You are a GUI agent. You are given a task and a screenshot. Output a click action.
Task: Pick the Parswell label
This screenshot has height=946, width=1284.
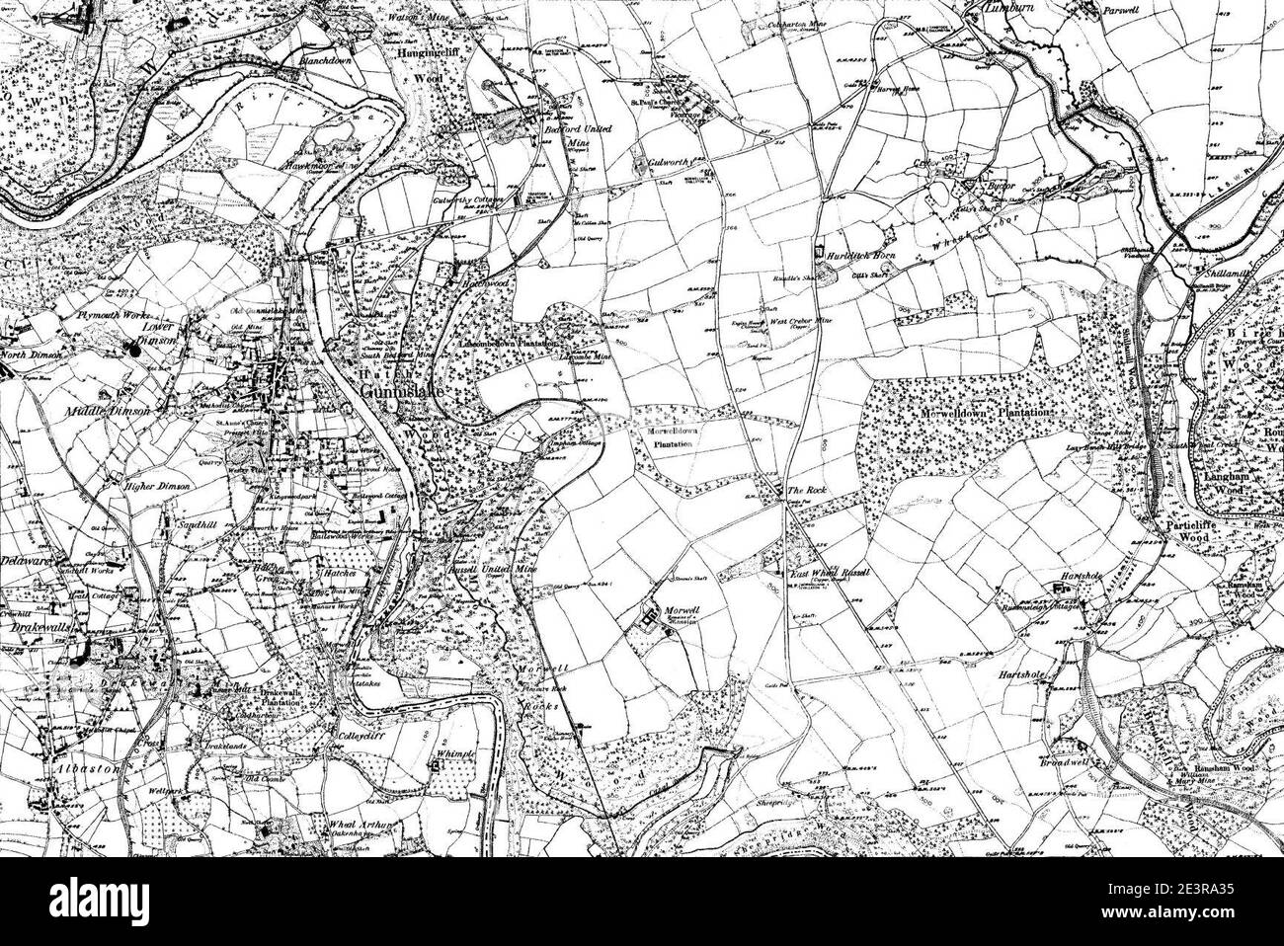tap(1099, 11)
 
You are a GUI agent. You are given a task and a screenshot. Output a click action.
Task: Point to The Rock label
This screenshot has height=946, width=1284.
tap(800, 490)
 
